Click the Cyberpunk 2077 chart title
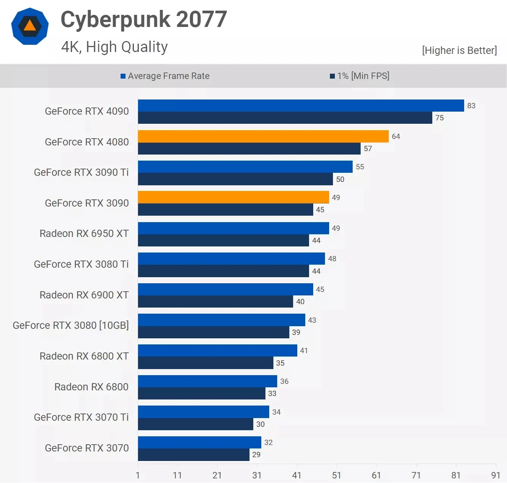pyautogui.click(x=144, y=19)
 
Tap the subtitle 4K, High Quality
pyautogui.click(x=114, y=47)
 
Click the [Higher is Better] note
pyautogui.click(x=459, y=51)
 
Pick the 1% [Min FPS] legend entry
pyautogui.click(x=359, y=76)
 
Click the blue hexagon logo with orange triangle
pyautogui.click(x=30, y=26)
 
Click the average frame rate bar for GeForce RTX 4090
pyautogui.click(x=301, y=106)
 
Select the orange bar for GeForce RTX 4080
pyautogui.click(x=263, y=136)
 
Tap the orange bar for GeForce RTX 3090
pyautogui.click(x=233, y=197)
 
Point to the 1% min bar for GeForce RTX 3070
pyautogui.click(x=193, y=455)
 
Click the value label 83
pyautogui.click(x=471, y=106)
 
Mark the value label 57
pyautogui.click(x=368, y=148)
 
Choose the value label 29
pyautogui.click(x=256, y=455)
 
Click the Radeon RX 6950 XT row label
pyautogui.click(x=84, y=234)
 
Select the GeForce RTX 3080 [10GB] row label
pyautogui.click(x=71, y=325)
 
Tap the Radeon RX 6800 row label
pyautogui.click(x=91, y=387)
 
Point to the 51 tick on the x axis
pyautogui.click(x=336, y=475)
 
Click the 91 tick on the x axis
pyautogui.click(x=495, y=475)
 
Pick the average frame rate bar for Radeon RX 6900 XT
pyautogui.click(x=225, y=289)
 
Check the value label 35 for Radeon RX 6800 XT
pyautogui.click(x=280, y=363)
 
